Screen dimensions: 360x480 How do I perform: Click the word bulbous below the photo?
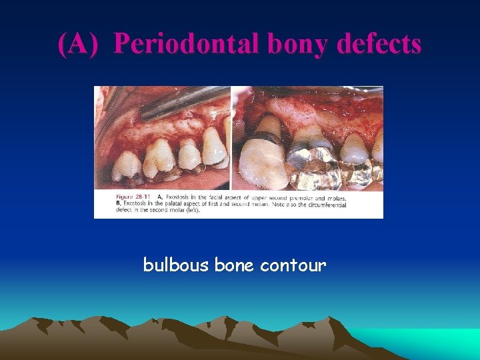[176, 265]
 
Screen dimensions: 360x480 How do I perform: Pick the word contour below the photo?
[293, 265]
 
